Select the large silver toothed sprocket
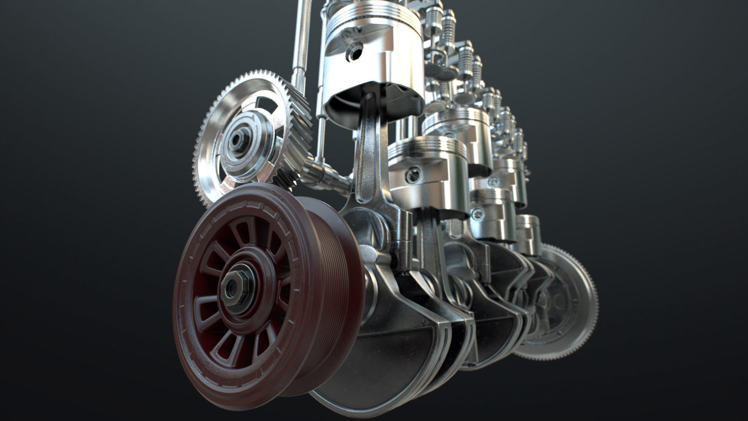[x=218, y=117]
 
